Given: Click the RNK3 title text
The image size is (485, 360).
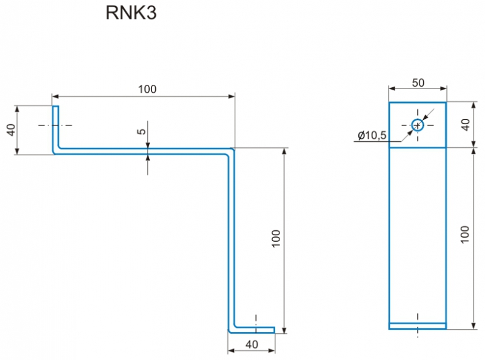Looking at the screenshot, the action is pos(131,13).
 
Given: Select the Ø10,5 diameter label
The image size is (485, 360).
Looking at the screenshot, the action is pos(372,135).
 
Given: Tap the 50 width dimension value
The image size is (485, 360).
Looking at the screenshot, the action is pos(418,82).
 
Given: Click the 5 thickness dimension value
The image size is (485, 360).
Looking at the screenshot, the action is pos(141,132).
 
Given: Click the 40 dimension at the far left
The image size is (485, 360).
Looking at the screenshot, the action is pos(11,130).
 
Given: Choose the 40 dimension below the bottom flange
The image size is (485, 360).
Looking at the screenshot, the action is pos(252,344).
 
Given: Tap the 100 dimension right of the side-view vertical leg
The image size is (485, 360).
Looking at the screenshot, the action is pos(276,238).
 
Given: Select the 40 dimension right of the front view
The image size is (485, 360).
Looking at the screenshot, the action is pos(465,125).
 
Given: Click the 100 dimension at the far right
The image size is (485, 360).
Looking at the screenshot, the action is pos(464,235).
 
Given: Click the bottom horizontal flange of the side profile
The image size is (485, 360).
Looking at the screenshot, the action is pos(252,330).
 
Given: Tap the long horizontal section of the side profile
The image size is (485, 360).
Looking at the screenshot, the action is pos(144,151).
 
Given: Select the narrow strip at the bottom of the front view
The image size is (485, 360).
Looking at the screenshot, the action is pos(418,326).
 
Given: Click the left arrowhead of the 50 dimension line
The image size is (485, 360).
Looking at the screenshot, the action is pos(392,88).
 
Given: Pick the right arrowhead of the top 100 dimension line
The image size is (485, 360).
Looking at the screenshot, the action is pos(231,96).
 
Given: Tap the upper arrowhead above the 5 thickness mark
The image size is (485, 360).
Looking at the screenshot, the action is pos(148,145).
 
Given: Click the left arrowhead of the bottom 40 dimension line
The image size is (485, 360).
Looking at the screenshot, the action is pos(231,351).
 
